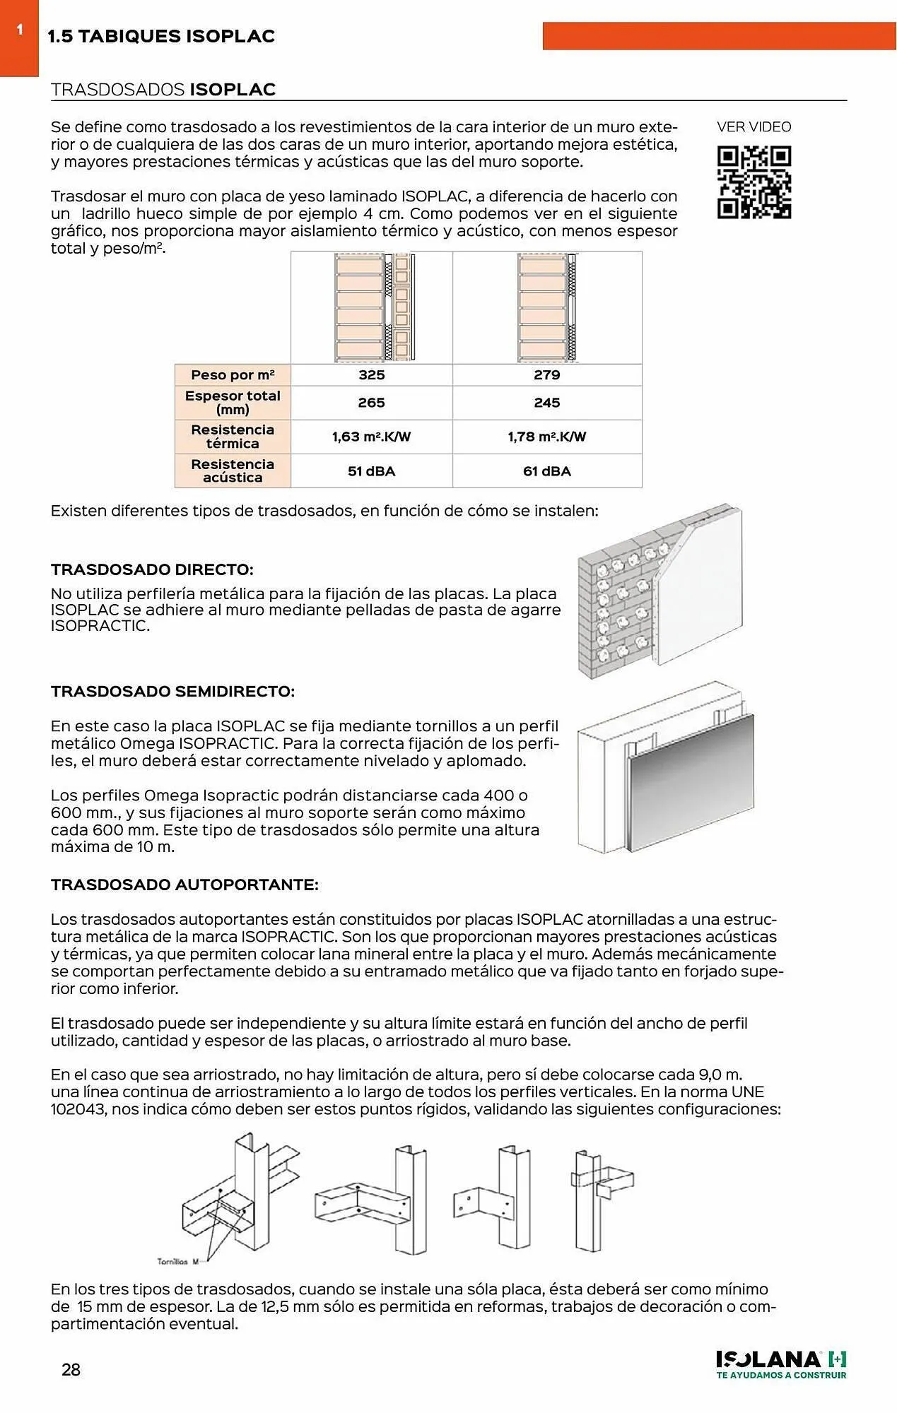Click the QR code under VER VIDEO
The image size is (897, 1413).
tap(754, 182)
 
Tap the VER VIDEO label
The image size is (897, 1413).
tap(754, 127)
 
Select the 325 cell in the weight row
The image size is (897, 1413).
tap(371, 375)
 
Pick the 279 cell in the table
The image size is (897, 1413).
tap(546, 375)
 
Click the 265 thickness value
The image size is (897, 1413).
tap(371, 403)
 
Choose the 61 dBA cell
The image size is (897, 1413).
tap(546, 471)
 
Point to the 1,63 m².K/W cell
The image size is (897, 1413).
tap(371, 437)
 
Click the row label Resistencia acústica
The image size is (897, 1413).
tap(233, 471)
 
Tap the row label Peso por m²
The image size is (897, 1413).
tap(233, 375)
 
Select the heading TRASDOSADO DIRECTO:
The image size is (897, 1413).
tap(152, 569)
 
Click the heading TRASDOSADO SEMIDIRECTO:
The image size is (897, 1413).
tap(172, 692)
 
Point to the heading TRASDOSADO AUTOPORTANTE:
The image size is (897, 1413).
tap(184, 885)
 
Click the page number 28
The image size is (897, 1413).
tap(71, 1370)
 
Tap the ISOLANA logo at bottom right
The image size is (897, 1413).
tap(780, 1364)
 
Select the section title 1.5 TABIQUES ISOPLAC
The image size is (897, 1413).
tap(161, 37)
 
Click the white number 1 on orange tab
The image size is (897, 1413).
tap(20, 30)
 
